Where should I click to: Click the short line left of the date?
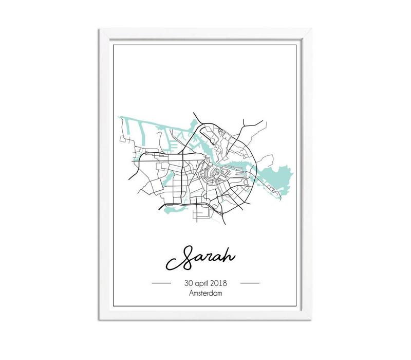click(x=162, y=283)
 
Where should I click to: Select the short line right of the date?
click(x=250, y=283)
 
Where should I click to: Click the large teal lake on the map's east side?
click(x=281, y=177)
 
